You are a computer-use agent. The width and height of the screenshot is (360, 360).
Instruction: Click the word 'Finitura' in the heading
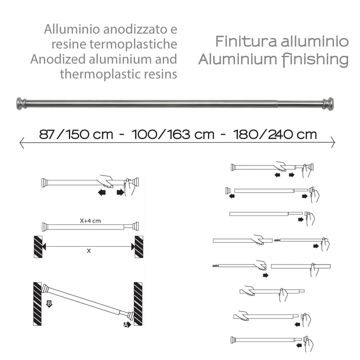(240, 42)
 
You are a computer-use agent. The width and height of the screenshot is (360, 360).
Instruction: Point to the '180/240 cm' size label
(275, 134)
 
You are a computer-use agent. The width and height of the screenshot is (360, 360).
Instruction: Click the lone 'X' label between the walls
(89, 251)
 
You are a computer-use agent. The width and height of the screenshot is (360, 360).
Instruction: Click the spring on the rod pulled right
(278, 241)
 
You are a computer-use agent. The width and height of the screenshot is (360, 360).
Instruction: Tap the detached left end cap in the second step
(228, 191)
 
